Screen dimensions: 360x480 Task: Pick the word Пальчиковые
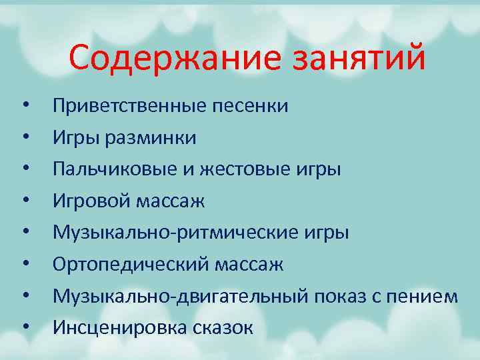point(119,169)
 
